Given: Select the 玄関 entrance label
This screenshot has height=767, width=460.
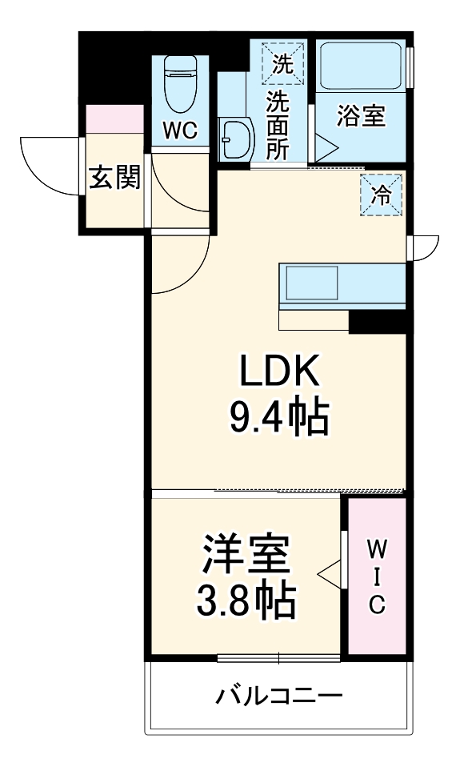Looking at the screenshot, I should (x=114, y=179).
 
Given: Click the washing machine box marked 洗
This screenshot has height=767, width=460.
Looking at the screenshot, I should (x=282, y=63).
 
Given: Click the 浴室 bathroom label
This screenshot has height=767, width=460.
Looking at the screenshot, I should (x=361, y=117).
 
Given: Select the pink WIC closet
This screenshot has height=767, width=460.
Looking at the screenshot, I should (x=376, y=576).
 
